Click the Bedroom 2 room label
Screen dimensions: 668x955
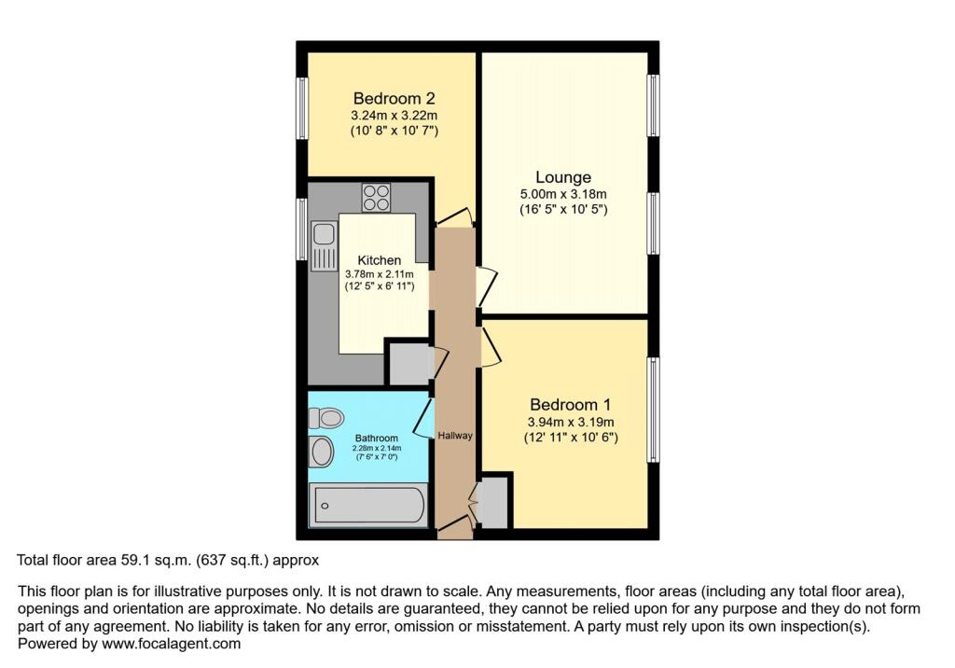pos(394,98)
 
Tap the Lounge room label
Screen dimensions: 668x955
pos(563,177)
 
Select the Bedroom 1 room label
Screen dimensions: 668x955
pos(570,405)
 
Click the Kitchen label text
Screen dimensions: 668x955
pos(380,260)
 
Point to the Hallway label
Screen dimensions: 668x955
pos(456,436)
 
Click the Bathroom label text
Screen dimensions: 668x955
pos(377,438)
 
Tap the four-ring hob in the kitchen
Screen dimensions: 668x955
pos(377,198)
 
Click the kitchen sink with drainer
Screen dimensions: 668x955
pos(324,245)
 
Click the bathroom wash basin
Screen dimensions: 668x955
pos(321,452)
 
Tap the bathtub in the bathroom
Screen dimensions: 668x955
pos(367,506)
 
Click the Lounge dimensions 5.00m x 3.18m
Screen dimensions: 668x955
pos(563,194)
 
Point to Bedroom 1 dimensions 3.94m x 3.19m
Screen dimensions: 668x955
pos(570,422)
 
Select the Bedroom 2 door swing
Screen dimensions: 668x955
pos(454,216)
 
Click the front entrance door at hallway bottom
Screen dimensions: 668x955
pos(454,529)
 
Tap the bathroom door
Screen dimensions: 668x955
pos(422,419)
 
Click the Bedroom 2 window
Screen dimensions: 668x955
pos(302,106)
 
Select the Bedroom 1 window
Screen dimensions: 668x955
pos(654,409)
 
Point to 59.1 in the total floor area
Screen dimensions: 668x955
pos(133,561)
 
